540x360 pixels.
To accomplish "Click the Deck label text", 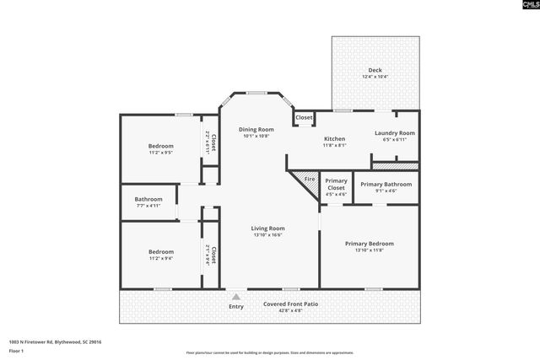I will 374,70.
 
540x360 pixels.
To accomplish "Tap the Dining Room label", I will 255,129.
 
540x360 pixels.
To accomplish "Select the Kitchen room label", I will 335,138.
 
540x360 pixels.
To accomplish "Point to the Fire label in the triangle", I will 309,180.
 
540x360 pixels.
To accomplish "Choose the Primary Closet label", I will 336,184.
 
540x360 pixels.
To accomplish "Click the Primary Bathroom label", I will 386,184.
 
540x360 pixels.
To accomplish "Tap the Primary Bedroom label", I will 369,244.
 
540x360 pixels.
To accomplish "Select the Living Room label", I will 267,228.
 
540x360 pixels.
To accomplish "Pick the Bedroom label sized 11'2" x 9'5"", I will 160,146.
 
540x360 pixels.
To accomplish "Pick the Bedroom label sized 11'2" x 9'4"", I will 160,251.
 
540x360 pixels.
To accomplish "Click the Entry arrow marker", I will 235,296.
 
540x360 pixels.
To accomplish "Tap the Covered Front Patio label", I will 289,304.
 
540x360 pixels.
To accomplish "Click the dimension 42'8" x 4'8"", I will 289,310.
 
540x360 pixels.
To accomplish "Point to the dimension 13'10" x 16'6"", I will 267,235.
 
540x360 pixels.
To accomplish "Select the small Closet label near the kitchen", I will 304,117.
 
